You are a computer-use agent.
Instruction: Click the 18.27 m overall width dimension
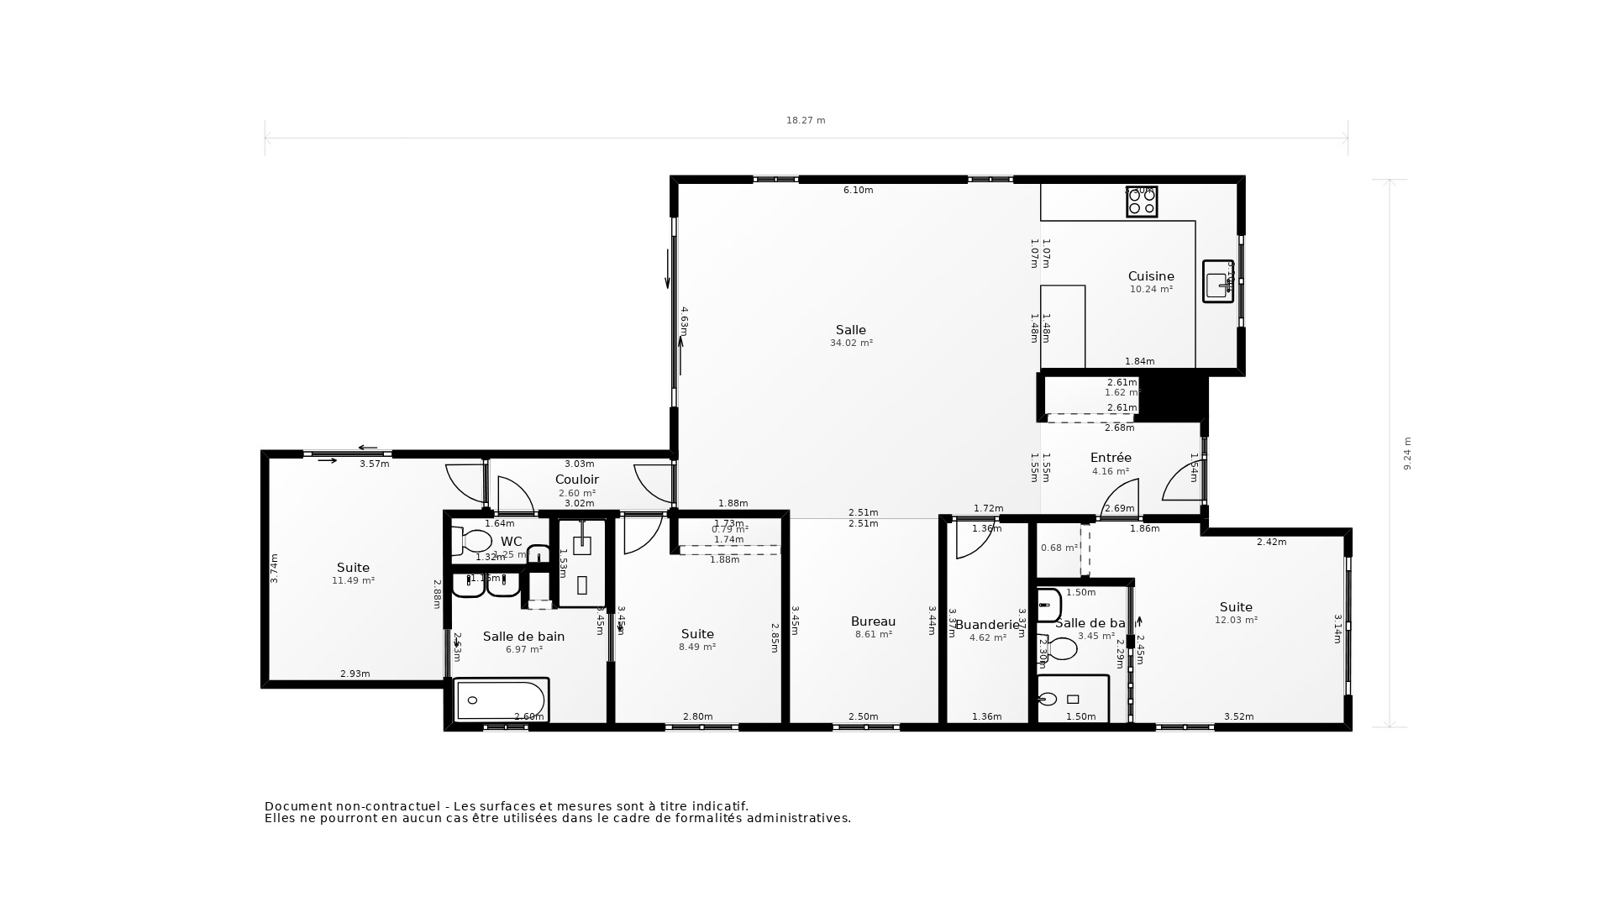point(805,121)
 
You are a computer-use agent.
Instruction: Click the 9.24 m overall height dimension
point(1407,453)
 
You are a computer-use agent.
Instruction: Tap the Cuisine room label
point(1150,276)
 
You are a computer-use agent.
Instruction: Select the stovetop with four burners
point(1142,202)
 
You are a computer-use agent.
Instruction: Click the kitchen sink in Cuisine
point(1217,281)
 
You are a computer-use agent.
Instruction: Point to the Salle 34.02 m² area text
point(851,343)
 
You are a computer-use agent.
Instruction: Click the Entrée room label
point(1110,458)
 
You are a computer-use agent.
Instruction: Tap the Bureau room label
point(873,621)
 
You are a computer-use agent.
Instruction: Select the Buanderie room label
point(986,625)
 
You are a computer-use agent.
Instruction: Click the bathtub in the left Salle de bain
point(501,700)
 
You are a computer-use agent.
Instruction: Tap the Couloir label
point(576,480)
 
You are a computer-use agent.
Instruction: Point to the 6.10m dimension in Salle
point(858,191)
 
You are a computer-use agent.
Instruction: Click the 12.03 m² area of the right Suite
point(1236,621)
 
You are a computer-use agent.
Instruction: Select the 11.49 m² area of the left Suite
point(353,581)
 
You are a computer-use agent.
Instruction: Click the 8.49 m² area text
point(696,647)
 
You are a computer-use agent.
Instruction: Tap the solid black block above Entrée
point(1173,398)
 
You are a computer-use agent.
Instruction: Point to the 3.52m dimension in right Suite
point(1238,716)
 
